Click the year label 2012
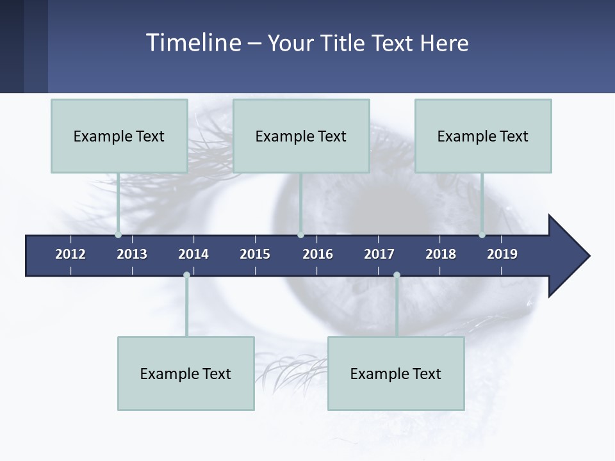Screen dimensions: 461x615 pos(70,254)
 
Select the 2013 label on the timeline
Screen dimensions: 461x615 pos(132,254)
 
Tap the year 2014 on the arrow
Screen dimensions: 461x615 pos(193,254)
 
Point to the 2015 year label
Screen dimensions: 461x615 pos(255,254)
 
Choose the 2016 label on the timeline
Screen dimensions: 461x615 pos(318,254)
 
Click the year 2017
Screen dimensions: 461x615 pos(379,254)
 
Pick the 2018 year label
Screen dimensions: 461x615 pos(441,254)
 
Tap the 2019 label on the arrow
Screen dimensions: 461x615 pos(502,254)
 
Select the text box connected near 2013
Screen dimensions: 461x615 pos(119,136)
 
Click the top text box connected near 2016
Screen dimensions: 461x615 pos(301,136)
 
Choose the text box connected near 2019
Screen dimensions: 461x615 pos(483,136)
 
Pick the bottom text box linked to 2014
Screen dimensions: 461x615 pos(186,373)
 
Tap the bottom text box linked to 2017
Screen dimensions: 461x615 pos(396,373)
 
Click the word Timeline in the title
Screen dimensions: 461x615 pos(192,43)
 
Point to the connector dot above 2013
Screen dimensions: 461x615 pos(119,234)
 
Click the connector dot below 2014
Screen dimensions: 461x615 pos(186,275)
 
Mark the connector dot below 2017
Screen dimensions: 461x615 pos(397,275)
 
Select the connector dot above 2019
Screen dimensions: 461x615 pos(482,234)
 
